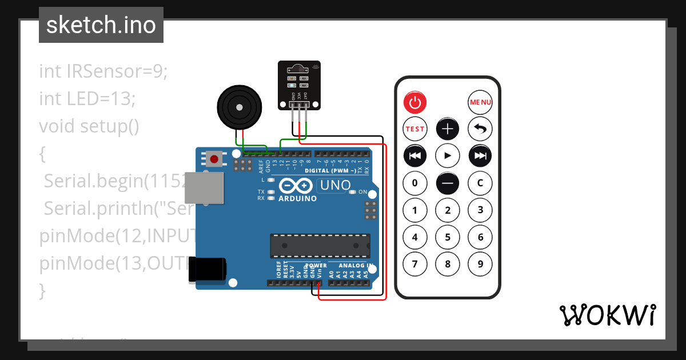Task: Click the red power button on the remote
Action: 415,103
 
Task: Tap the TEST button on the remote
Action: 415,129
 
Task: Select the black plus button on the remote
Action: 448,129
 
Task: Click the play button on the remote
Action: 448,155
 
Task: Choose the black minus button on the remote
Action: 448,183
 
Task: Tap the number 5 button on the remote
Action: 448,237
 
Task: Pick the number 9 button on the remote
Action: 480,264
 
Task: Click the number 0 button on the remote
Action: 415,183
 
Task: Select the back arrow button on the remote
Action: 480,129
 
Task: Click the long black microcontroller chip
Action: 320,246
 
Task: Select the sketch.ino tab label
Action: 101,25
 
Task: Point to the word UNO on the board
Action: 335,185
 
